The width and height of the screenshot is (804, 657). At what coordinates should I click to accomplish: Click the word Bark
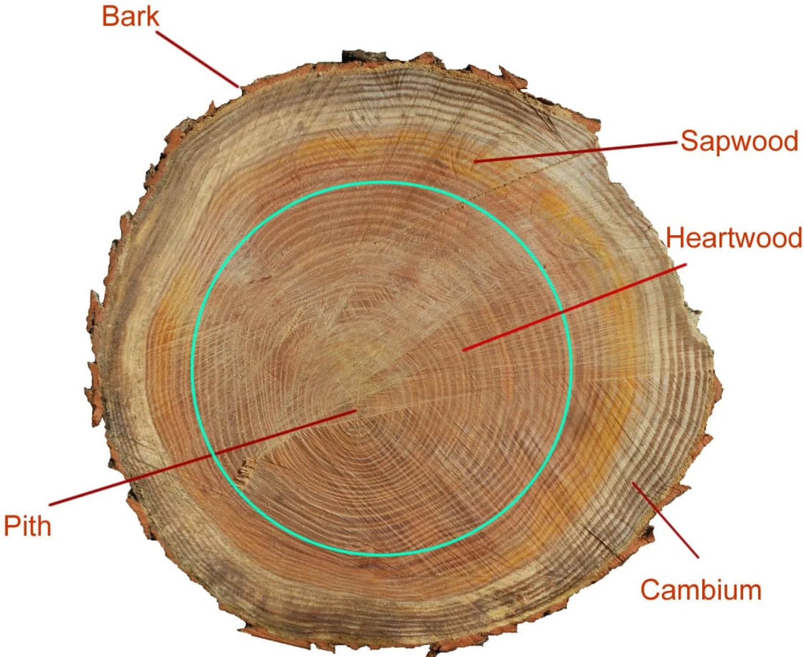coord(130,16)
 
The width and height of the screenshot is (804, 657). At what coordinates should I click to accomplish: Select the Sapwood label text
coord(739,141)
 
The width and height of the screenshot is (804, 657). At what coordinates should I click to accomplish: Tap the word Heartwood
coord(734,238)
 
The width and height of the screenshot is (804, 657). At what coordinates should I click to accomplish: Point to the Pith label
coord(27,526)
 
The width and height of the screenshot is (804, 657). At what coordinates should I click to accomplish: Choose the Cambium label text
coord(701,590)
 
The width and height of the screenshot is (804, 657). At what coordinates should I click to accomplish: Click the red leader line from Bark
coord(198,59)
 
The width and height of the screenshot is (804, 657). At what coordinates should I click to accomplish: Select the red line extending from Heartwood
coord(575,308)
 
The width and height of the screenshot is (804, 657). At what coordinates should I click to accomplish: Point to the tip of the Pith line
coord(356,412)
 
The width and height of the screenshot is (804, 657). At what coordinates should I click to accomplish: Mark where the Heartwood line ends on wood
coord(465,350)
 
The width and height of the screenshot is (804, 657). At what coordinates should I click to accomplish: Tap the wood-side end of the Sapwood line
coord(475,161)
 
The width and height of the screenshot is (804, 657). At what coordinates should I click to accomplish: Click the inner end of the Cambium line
coord(633,483)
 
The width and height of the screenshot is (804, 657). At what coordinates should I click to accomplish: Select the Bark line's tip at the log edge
coord(239,87)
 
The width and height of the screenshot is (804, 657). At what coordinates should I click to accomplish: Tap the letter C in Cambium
coord(649,590)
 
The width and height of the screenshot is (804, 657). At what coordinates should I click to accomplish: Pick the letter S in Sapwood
coord(688,141)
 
